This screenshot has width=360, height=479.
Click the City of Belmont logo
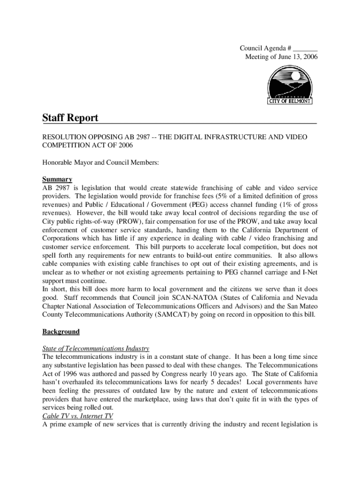(290, 85)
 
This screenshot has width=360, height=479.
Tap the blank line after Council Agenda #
(306, 48)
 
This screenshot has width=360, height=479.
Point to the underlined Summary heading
(57, 179)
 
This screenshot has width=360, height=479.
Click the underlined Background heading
(61, 332)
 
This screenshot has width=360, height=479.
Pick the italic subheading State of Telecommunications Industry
(96, 348)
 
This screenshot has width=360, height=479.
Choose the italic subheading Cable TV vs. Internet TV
(77, 416)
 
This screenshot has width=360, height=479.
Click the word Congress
(169, 374)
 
